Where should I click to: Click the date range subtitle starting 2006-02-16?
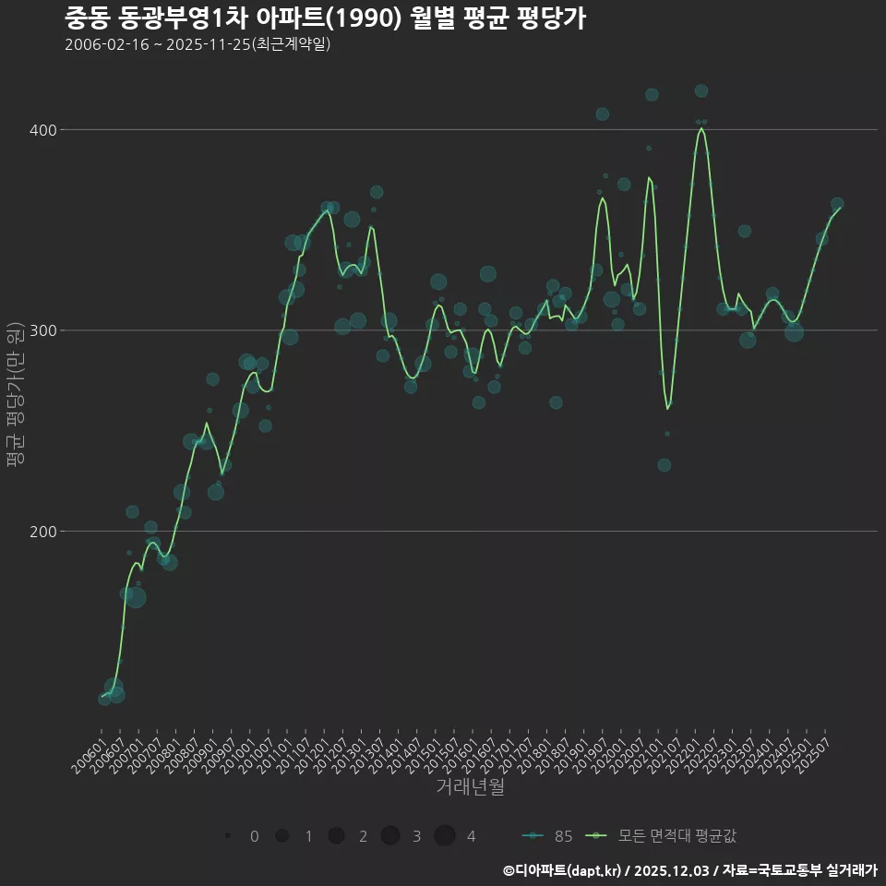click(198, 45)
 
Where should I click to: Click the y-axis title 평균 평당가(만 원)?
click(15, 397)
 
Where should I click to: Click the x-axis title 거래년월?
click(470, 787)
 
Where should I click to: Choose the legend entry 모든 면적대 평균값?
click(664, 836)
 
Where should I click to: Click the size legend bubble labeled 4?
click(445, 836)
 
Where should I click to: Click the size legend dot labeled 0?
click(227, 836)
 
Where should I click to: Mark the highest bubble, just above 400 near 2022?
click(701, 90)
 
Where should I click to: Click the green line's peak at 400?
click(701, 129)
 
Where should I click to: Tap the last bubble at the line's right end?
click(837, 204)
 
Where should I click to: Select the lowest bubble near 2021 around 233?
click(664, 465)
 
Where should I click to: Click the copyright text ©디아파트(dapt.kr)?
click(563, 870)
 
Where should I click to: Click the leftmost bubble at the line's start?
click(104, 699)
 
